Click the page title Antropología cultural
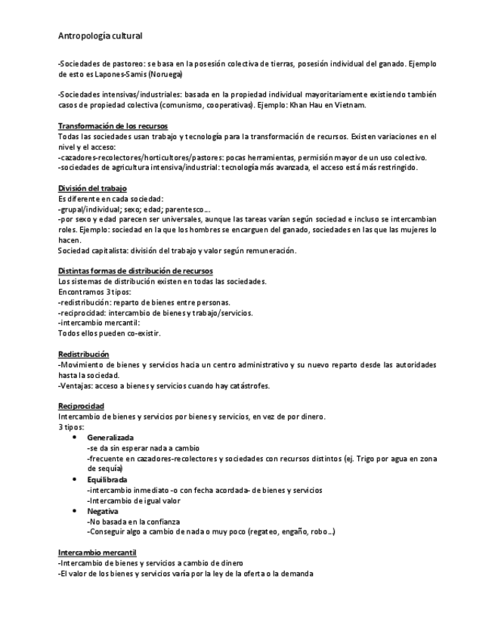[100, 36]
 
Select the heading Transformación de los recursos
[113, 125]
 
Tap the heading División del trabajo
[92, 187]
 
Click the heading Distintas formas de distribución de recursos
[135, 271]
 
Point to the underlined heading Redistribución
[84, 354]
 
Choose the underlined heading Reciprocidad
[81, 406]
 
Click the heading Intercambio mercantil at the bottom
[97, 552]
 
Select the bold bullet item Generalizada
[110, 438]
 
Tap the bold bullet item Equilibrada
[107, 479]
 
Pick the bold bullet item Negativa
[103, 511]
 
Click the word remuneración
[267, 250]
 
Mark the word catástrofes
[246, 386]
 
